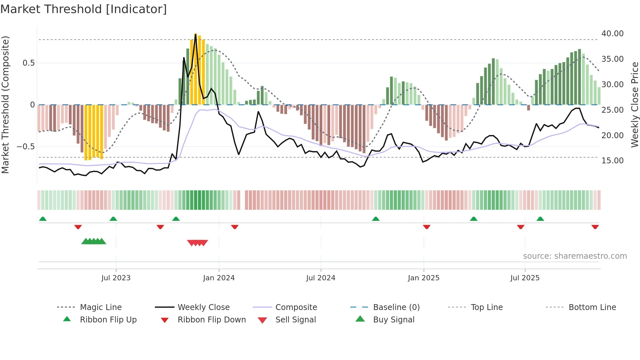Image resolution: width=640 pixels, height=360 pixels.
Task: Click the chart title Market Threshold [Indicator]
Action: click(84, 9)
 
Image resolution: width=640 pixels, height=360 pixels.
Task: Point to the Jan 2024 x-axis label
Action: click(219, 278)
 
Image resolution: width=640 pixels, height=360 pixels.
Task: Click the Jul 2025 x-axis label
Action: click(525, 278)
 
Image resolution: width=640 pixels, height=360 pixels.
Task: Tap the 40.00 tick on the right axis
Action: click(612, 34)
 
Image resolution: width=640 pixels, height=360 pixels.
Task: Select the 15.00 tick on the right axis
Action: click(612, 161)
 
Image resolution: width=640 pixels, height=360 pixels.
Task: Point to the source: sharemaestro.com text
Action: click(575, 256)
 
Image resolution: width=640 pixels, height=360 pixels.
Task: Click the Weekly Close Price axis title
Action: click(634, 105)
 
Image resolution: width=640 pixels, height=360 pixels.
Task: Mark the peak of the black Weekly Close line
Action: click(196, 34)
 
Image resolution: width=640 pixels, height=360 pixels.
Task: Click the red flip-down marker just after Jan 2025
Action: click(426, 227)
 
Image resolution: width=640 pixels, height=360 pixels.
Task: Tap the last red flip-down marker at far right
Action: click(595, 227)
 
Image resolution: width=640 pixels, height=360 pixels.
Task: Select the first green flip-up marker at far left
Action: click(43, 219)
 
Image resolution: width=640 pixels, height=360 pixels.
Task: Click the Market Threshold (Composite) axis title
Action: click(5, 105)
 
